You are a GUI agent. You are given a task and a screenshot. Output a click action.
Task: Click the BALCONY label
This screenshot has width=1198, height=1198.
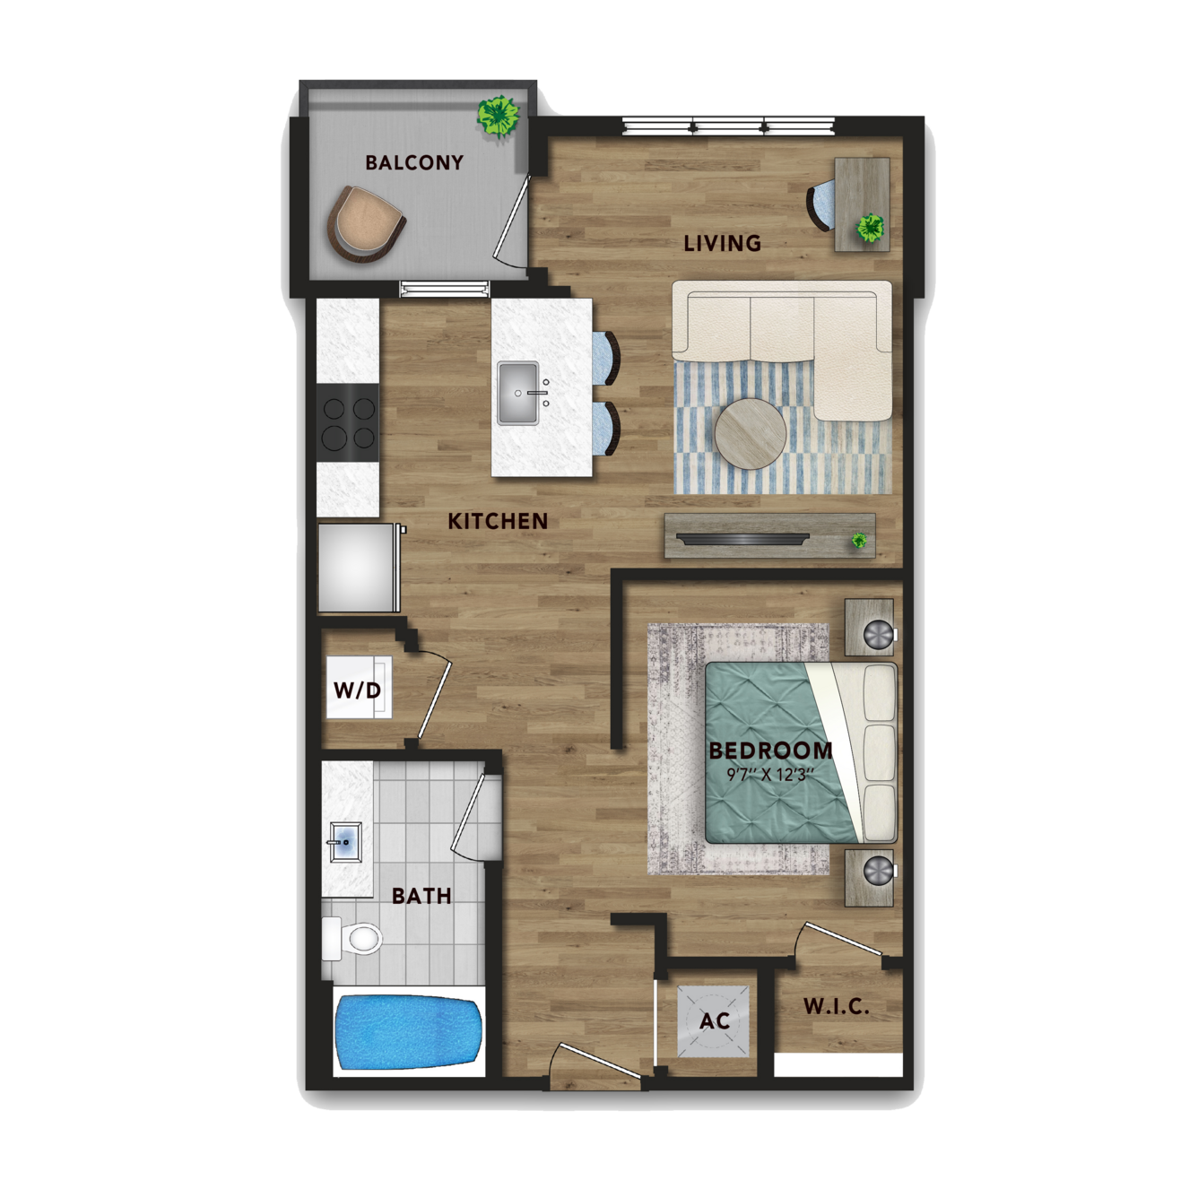[x=414, y=162]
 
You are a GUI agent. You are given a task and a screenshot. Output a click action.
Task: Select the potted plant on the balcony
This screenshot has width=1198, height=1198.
[x=498, y=117]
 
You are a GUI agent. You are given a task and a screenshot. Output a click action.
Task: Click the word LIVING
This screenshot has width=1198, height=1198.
[x=722, y=243]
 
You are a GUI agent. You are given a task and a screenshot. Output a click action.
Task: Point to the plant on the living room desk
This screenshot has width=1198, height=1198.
[x=871, y=228]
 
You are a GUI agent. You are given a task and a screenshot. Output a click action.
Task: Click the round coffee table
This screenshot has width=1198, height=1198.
[x=751, y=434]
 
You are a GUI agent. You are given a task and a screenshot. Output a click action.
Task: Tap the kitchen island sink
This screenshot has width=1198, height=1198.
[x=518, y=393]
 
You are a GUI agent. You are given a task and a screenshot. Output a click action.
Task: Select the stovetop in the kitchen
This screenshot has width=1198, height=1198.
[x=348, y=422]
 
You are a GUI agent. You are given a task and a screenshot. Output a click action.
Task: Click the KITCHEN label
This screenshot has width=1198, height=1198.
[x=498, y=521]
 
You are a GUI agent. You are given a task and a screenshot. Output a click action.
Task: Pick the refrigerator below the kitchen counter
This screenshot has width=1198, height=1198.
[x=357, y=568]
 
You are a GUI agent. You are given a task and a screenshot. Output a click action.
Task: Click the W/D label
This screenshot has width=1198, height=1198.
[x=357, y=690]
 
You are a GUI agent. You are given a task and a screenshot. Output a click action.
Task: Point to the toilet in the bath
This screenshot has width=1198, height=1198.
[x=352, y=938]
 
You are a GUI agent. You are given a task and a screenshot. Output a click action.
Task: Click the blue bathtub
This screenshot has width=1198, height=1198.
[x=409, y=1033]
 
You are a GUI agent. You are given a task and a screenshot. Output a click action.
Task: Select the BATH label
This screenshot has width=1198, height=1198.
[x=421, y=896]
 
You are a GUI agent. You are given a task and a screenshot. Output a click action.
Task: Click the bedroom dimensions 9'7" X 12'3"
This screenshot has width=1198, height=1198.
[x=770, y=775]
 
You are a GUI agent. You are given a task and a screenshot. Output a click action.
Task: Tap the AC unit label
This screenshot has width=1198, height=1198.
[x=715, y=1020]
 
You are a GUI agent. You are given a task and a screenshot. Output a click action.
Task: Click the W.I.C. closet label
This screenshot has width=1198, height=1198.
[x=836, y=1006]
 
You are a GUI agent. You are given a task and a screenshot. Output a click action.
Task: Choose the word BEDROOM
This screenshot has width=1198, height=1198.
[x=770, y=751]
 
